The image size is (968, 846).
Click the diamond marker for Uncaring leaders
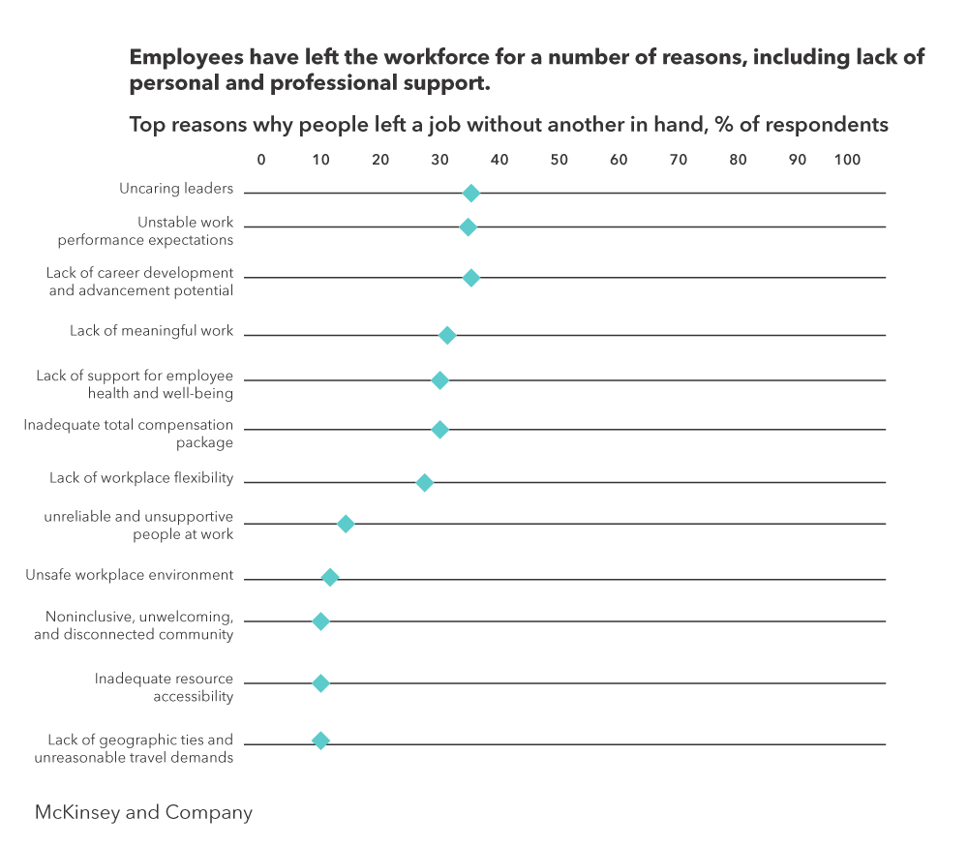pyautogui.click(x=470, y=194)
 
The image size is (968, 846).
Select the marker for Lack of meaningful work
pyautogui.click(x=447, y=335)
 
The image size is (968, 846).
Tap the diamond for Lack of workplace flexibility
pyautogui.click(x=424, y=482)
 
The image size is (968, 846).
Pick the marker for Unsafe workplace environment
pyautogui.click(x=330, y=578)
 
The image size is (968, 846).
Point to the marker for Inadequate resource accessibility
pyautogui.click(x=320, y=683)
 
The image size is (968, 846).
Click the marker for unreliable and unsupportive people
pyautogui.click(x=346, y=524)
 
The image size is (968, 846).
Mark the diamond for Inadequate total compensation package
pyautogui.click(x=439, y=430)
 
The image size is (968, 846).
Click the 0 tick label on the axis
pyautogui.click(x=260, y=160)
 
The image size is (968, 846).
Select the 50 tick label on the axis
pyautogui.click(x=559, y=160)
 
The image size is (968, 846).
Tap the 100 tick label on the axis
pyautogui.click(x=847, y=160)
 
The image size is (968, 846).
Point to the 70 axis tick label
pyautogui.click(x=679, y=160)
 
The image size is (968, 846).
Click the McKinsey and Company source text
pyautogui.click(x=143, y=812)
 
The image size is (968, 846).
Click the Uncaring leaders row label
pyautogui.click(x=176, y=189)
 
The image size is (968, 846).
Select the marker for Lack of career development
pyautogui.click(x=470, y=278)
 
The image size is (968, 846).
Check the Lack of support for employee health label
pyautogui.click(x=135, y=384)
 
